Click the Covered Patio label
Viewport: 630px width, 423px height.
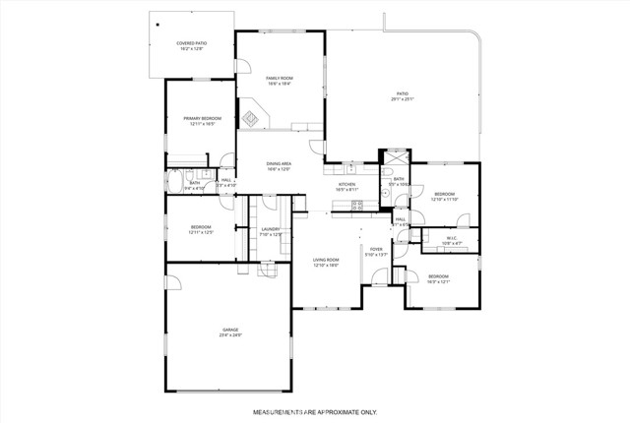pos(191,45)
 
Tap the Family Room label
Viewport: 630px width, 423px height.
pos(280,81)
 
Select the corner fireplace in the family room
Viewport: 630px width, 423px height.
pos(251,120)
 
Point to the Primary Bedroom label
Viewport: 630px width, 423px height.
pos(202,120)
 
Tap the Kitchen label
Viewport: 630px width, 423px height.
pos(346,186)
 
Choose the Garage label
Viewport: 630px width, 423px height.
pos(230,332)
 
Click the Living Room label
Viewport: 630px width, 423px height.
pos(326,262)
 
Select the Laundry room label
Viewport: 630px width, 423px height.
pos(271,232)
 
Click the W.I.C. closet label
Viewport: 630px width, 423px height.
pos(451,239)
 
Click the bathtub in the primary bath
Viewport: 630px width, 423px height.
pos(174,184)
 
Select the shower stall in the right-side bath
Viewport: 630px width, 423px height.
pos(395,159)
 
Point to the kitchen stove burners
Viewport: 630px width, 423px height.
pos(357,205)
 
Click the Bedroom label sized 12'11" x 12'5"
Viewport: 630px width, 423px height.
pos(201,230)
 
